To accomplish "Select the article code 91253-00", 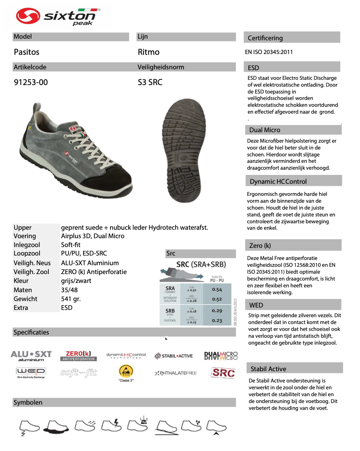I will click(31, 82).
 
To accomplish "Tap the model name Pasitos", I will click(27, 52).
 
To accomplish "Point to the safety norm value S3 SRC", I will click(150, 82).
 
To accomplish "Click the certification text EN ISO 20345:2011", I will click(269, 52).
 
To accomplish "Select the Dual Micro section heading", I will click(265, 130).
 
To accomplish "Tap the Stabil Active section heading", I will click(268, 369).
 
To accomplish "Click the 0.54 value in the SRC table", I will click(217, 289).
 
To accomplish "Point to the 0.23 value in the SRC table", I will click(217, 320).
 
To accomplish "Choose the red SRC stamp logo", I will click(223, 372).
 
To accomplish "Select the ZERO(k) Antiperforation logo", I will click(78, 355).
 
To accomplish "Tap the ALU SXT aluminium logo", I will click(31, 355).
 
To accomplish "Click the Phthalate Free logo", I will click(176, 373).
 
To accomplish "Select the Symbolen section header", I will click(28, 402).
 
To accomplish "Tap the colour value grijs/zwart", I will click(76, 281).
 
